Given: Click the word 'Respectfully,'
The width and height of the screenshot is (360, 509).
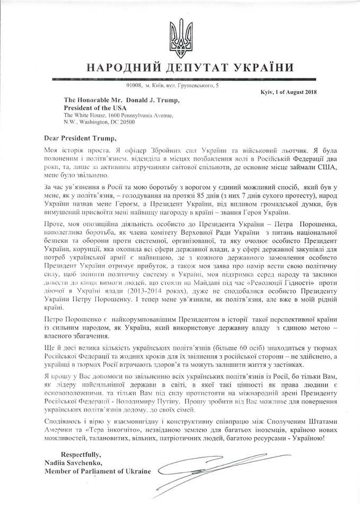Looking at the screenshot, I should pyautogui.click(x=86, y=454).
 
